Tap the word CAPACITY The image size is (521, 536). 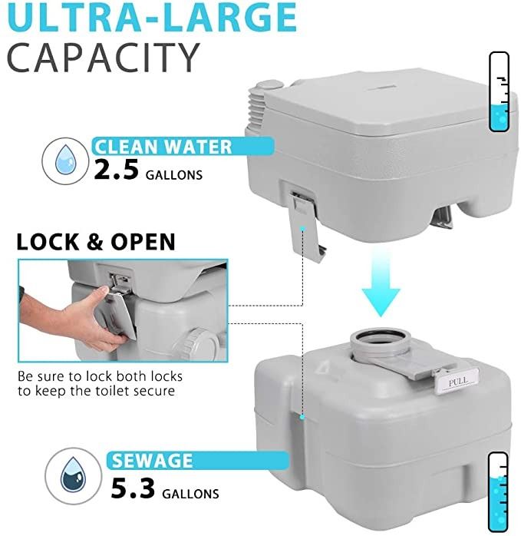click(103, 58)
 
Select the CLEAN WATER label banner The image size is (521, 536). click(183, 147)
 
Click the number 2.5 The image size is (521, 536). click(116, 170)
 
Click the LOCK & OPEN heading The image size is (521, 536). click(96, 242)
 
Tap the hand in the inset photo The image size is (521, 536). click(78, 319)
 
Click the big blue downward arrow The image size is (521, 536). click(381, 282)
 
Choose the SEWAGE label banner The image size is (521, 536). click(198, 461)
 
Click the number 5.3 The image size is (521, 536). click(133, 489)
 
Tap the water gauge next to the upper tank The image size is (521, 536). click(500, 92)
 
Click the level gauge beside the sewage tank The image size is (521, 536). click(499, 491)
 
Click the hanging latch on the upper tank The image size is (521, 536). click(305, 226)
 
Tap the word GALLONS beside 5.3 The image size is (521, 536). click(190, 494)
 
